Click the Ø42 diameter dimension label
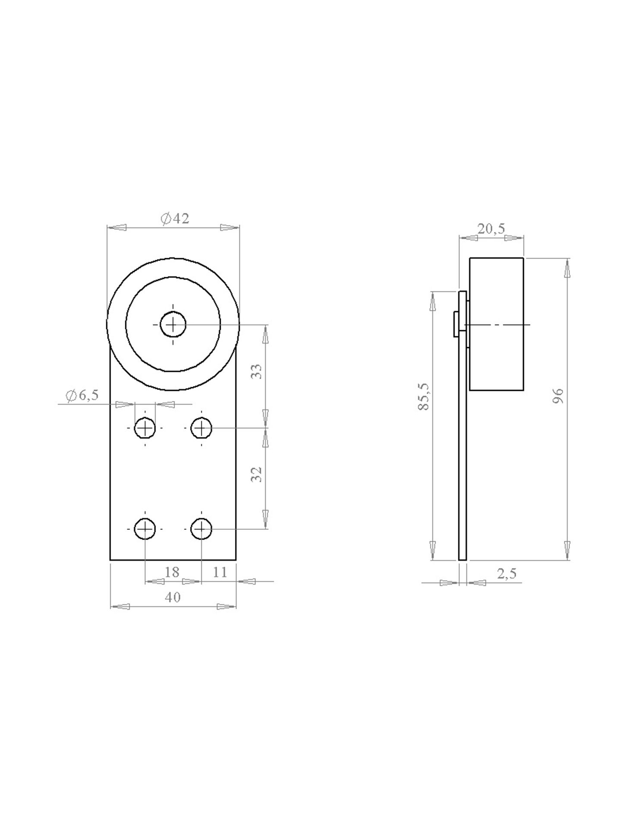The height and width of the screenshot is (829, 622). tap(175, 219)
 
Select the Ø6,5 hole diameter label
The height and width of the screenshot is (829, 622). tap(82, 395)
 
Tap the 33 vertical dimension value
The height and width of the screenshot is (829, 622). tap(257, 371)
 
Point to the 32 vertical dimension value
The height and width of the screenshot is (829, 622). tap(257, 475)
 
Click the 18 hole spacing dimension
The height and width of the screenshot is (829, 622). tap(172, 572)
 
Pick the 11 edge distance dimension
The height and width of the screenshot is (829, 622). tap(220, 572)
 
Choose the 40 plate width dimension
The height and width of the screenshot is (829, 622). tap(173, 597)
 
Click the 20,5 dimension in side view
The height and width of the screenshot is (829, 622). tap(491, 228)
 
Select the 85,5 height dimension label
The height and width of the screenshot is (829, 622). tap(424, 396)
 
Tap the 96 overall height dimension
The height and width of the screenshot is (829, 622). tap(559, 396)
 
